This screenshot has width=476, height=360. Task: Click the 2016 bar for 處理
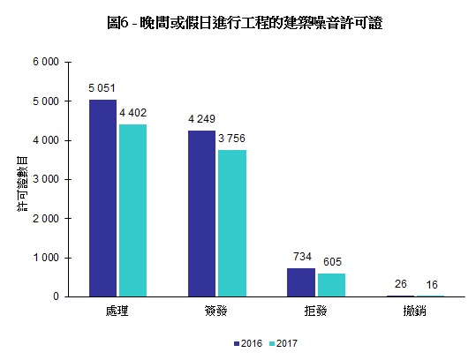(x=102, y=198)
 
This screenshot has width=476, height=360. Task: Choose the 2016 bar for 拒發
(x=300, y=282)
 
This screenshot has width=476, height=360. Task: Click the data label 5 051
(x=102, y=88)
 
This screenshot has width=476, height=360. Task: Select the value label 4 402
(x=133, y=112)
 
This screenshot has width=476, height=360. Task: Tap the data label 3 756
(x=232, y=138)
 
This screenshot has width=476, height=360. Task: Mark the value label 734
(x=300, y=256)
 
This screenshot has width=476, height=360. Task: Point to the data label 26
(x=399, y=284)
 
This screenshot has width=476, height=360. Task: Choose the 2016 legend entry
(x=250, y=342)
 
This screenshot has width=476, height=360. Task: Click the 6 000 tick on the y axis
(x=46, y=62)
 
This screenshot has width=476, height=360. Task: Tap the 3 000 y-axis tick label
(x=46, y=179)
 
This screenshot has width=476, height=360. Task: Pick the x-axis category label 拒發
(x=314, y=311)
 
